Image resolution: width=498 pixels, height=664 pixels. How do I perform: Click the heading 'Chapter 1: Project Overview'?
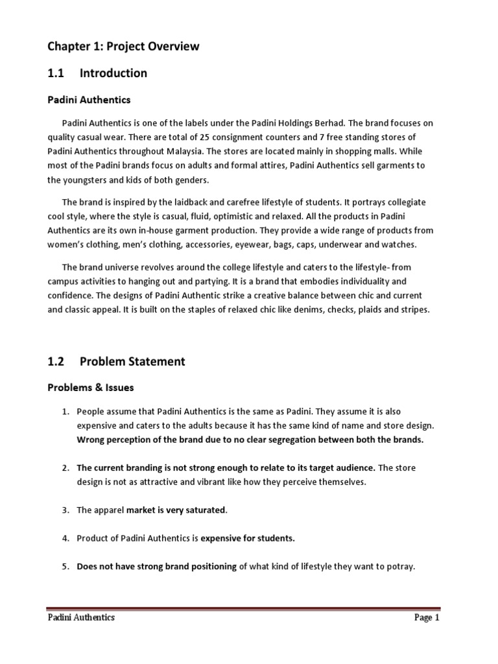pos(124,47)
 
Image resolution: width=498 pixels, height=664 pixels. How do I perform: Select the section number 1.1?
pos(55,73)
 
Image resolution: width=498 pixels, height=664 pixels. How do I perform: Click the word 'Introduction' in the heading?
pos(113,73)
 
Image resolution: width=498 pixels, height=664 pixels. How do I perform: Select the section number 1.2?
pos(55,362)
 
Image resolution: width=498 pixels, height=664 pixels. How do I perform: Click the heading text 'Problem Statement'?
pos(132,362)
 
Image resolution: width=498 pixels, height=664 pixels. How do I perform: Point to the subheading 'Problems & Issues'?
pos(91,388)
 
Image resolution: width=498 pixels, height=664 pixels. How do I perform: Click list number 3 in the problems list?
pos(65,510)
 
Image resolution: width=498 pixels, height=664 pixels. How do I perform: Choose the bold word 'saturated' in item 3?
pos(205,510)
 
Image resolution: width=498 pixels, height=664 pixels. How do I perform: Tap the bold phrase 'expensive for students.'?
pos(248,538)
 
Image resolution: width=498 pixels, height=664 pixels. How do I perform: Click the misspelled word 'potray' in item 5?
pos(399,566)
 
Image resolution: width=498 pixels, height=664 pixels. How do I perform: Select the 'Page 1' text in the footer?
pos(427,618)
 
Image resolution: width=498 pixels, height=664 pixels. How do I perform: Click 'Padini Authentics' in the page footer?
pos(81,618)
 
